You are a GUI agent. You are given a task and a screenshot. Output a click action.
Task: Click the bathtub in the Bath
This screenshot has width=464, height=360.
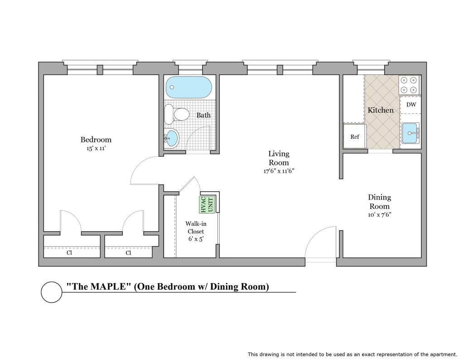(189, 88)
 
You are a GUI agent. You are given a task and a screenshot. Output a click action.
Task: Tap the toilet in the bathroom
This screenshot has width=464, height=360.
(177, 114)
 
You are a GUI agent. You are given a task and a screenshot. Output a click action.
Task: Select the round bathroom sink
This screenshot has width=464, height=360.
(172, 138)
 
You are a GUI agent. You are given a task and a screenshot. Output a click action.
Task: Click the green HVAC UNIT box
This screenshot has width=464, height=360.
(207, 204)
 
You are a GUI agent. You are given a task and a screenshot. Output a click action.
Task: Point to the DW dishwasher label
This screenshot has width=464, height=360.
(411, 104)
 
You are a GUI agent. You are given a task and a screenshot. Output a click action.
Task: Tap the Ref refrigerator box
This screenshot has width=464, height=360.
(355, 136)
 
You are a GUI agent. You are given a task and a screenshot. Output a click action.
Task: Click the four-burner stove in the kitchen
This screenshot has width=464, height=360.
(410, 85)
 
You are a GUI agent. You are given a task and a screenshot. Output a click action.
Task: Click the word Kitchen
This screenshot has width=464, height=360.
(381, 110)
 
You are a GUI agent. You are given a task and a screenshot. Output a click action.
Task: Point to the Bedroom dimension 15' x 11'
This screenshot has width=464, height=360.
(96, 148)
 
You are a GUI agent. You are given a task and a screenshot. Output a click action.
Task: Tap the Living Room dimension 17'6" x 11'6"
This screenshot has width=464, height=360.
(279, 171)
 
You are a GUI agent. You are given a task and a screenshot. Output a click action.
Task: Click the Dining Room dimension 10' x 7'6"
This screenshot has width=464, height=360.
(380, 214)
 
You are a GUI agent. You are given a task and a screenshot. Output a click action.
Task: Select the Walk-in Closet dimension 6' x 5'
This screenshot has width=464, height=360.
(196, 239)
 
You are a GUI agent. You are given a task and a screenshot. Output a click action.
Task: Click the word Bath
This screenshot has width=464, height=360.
(203, 115)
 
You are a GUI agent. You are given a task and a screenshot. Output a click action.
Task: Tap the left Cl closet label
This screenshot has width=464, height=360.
(69, 253)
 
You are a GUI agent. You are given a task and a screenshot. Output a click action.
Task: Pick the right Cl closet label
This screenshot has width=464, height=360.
(128, 253)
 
